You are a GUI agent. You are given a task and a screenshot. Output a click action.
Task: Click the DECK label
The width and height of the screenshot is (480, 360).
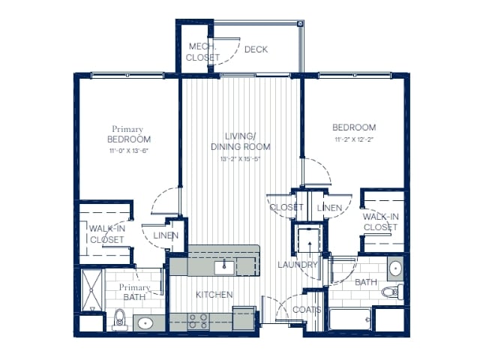(x=256, y=49)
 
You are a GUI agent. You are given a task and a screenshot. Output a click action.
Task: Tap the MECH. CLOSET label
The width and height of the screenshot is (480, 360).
(x=204, y=52)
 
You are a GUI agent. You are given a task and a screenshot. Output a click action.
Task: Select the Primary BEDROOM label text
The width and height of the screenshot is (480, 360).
(x=128, y=134)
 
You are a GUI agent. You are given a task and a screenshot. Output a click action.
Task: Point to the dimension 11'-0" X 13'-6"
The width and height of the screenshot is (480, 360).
(x=128, y=151)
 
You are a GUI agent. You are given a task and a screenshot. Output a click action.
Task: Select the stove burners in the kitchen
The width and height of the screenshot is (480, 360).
(x=198, y=321)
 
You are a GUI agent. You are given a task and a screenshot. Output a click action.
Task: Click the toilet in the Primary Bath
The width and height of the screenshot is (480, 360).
(x=118, y=321)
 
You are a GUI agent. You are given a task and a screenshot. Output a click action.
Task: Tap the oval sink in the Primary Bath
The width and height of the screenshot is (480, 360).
(x=144, y=324)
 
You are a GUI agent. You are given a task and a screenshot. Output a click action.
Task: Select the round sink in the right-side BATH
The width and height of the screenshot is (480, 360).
(x=394, y=268)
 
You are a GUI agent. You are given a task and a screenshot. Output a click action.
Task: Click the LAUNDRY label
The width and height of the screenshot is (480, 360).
(x=298, y=265)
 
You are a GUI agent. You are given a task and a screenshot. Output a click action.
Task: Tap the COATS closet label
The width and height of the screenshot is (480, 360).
(x=307, y=310)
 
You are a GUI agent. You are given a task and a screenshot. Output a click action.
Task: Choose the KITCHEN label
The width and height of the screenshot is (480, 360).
(x=214, y=295)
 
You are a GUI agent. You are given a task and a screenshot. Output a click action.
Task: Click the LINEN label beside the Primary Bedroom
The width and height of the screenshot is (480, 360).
(x=166, y=235)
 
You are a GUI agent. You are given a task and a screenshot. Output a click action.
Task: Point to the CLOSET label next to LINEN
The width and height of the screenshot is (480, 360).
(x=286, y=207)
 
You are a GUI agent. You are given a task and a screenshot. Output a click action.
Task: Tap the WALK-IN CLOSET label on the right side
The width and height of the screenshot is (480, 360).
(x=380, y=221)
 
